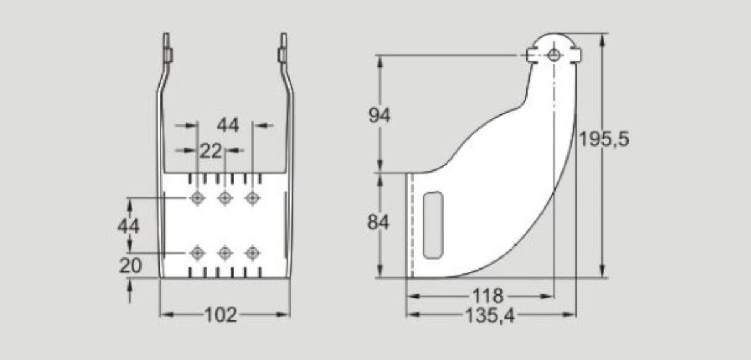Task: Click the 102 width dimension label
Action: (221, 315)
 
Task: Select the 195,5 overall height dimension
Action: (603, 139)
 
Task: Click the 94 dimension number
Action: (379, 115)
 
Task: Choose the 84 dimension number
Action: (379, 222)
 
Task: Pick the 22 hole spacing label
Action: (210, 150)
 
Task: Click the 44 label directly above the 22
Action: (227, 125)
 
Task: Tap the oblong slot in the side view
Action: (432, 225)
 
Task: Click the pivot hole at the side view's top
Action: (554, 56)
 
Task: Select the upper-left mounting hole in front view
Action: (197, 198)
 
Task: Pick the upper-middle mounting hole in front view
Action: (225, 198)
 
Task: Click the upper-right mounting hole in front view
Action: (252, 198)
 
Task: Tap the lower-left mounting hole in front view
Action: (197, 253)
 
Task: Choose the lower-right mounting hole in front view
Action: (252, 253)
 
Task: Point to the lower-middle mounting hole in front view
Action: (225, 253)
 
